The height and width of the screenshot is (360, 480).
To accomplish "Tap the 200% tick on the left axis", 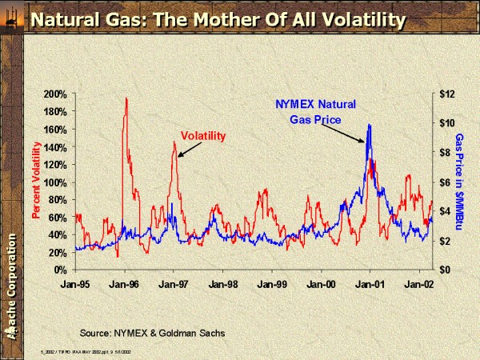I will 55,94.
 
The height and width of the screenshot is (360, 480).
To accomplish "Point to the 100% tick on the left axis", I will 55,182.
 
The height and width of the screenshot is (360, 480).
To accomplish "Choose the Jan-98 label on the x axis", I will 222,283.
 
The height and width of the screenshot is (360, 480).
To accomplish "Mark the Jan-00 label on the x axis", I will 320,283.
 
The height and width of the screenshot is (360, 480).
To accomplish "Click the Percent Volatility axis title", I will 36,180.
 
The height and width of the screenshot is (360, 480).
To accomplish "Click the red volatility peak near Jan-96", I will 126,99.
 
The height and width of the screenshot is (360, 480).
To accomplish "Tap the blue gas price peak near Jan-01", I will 369,126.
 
